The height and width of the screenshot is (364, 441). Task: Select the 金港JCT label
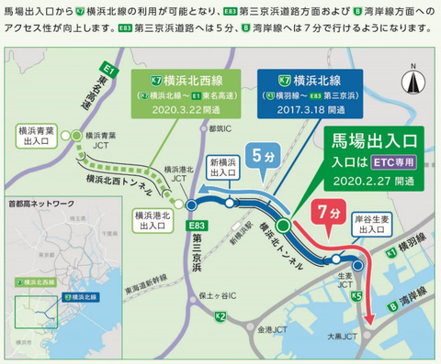pos(271,327)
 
